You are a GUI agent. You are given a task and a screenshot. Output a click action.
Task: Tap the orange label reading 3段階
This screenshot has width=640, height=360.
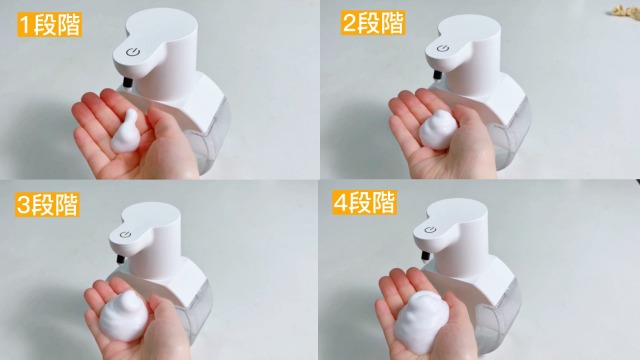43,206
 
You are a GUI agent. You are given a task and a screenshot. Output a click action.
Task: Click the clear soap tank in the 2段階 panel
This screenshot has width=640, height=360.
510,130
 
